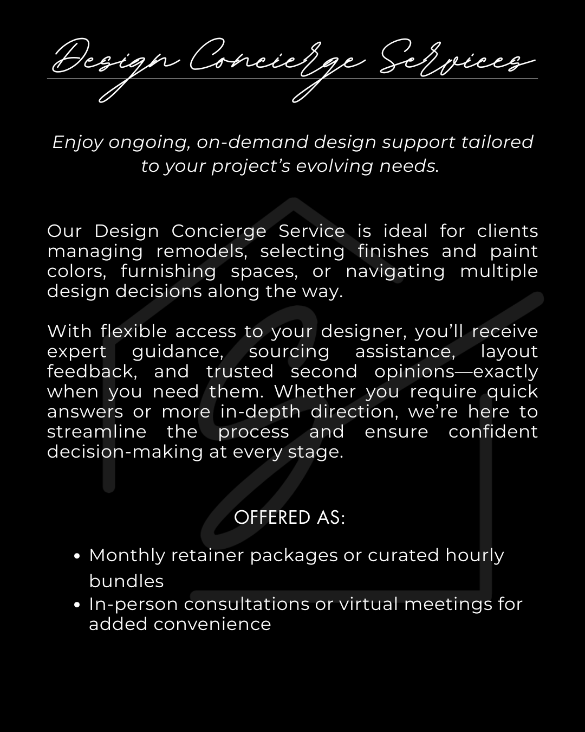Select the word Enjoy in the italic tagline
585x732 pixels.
coord(77,142)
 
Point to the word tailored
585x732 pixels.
coord(497,142)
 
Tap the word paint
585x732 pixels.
coord(513,251)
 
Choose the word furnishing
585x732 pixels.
coord(168,271)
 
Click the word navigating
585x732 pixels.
coord(395,271)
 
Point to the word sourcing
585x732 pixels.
coord(289,351)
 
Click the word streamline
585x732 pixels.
coord(96,432)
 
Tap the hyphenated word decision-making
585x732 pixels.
coord(125,452)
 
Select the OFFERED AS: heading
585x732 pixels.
coord(289,518)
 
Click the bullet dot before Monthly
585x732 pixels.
coord(77,556)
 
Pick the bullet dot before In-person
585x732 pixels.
coord(77,605)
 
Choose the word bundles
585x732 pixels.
coord(126,581)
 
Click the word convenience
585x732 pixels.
coord(212,624)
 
